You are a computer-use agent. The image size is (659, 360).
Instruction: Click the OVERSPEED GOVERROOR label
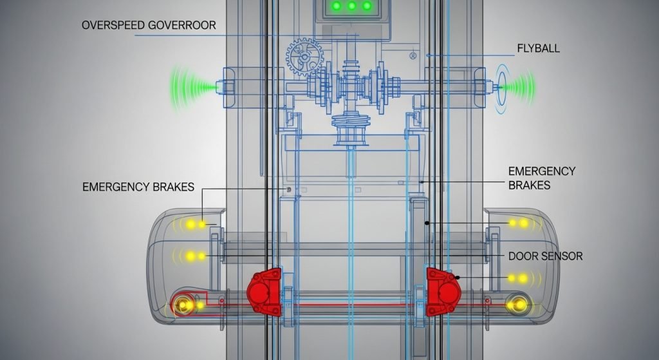click(x=149, y=26)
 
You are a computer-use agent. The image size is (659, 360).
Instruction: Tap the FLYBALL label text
click(x=538, y=48)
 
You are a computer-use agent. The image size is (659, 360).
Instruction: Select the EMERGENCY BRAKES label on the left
click(x=138, y=187)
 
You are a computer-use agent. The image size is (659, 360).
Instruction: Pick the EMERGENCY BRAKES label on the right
click(x=541, y=178)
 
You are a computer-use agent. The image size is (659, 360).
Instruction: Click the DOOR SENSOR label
click(x=545, y=256)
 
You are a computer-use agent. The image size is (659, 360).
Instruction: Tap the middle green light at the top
click(x=351, y=6)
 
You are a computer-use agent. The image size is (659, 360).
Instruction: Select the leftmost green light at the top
click(x=336, y=6)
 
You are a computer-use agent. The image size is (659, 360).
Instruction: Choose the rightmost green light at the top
click(x=367, y=6)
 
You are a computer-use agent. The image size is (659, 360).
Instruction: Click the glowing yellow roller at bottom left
click(x=184, y=305)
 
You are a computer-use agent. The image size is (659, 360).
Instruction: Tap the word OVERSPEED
click(x=113, y=26)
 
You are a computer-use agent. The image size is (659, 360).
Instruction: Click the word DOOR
click(x=522, y=256)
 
